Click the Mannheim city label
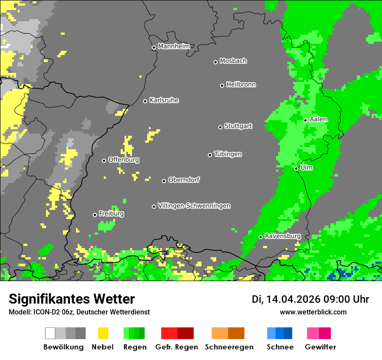coord(174,46)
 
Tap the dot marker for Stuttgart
coord(220,127)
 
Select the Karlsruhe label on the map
coord(164,100)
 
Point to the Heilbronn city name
coord(241,85)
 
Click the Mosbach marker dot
coord(215,62)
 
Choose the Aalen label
coord(318,119)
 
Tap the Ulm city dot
coord(296,168)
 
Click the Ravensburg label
coord(283,236)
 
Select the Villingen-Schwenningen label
coord(194,206)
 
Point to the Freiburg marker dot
coord(95,215)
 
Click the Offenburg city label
coord(124,160)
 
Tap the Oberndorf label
coord(184,180)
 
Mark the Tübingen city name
coord(228,154)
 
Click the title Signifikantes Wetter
coord(72,299)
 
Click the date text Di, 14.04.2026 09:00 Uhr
coord(310,299)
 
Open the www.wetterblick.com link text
coord(313,312)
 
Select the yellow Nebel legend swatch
coord(103,333)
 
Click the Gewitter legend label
coord(320,347)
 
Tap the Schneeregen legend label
coord(229,347)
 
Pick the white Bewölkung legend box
coord(50,333)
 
